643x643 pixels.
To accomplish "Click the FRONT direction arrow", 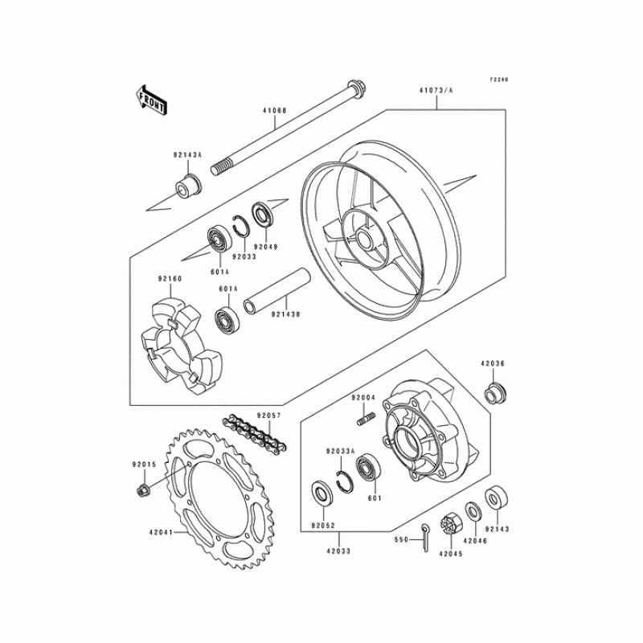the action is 150,100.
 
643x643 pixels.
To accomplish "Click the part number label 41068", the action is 275,110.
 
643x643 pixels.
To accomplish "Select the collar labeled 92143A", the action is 188,186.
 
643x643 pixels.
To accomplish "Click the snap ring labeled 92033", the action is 242,225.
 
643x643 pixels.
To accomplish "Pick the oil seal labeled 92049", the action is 263,215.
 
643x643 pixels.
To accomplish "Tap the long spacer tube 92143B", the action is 276,291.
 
